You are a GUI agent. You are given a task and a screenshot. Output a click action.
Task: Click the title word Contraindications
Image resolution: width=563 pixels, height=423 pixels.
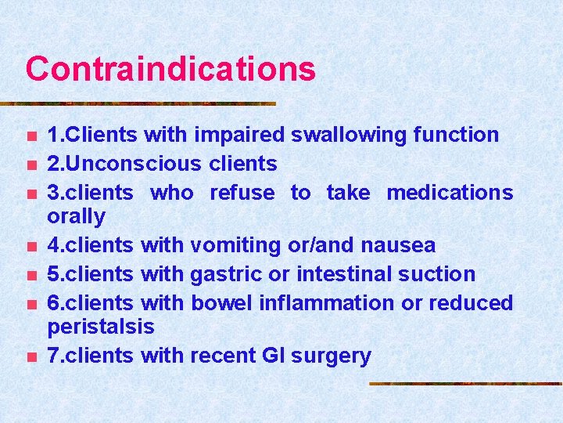(170, 69)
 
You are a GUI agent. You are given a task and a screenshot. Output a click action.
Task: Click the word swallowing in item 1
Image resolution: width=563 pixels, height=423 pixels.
(347, 135)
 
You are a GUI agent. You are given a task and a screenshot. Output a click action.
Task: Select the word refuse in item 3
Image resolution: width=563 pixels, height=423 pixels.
(242, 193)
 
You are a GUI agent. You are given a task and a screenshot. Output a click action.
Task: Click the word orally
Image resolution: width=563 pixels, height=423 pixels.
(76, 215)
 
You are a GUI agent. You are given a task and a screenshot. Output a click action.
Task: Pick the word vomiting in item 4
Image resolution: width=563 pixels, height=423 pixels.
(235, 245)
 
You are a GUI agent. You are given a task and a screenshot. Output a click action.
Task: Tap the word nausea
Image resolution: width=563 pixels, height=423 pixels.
(399, 245)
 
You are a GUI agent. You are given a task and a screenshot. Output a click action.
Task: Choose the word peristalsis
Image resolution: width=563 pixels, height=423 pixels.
(101, 326)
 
